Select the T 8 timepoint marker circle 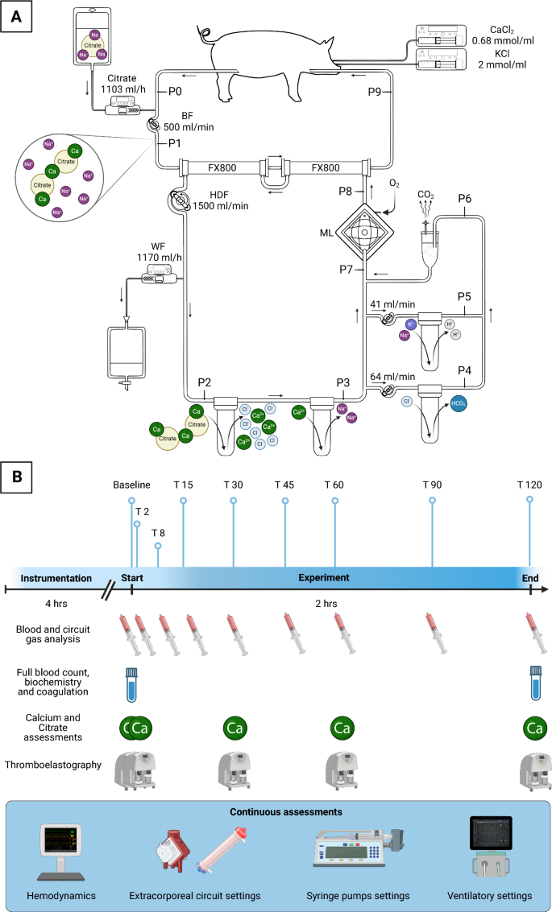(x=158, y=546)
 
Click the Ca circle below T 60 (x=342, y=729)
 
